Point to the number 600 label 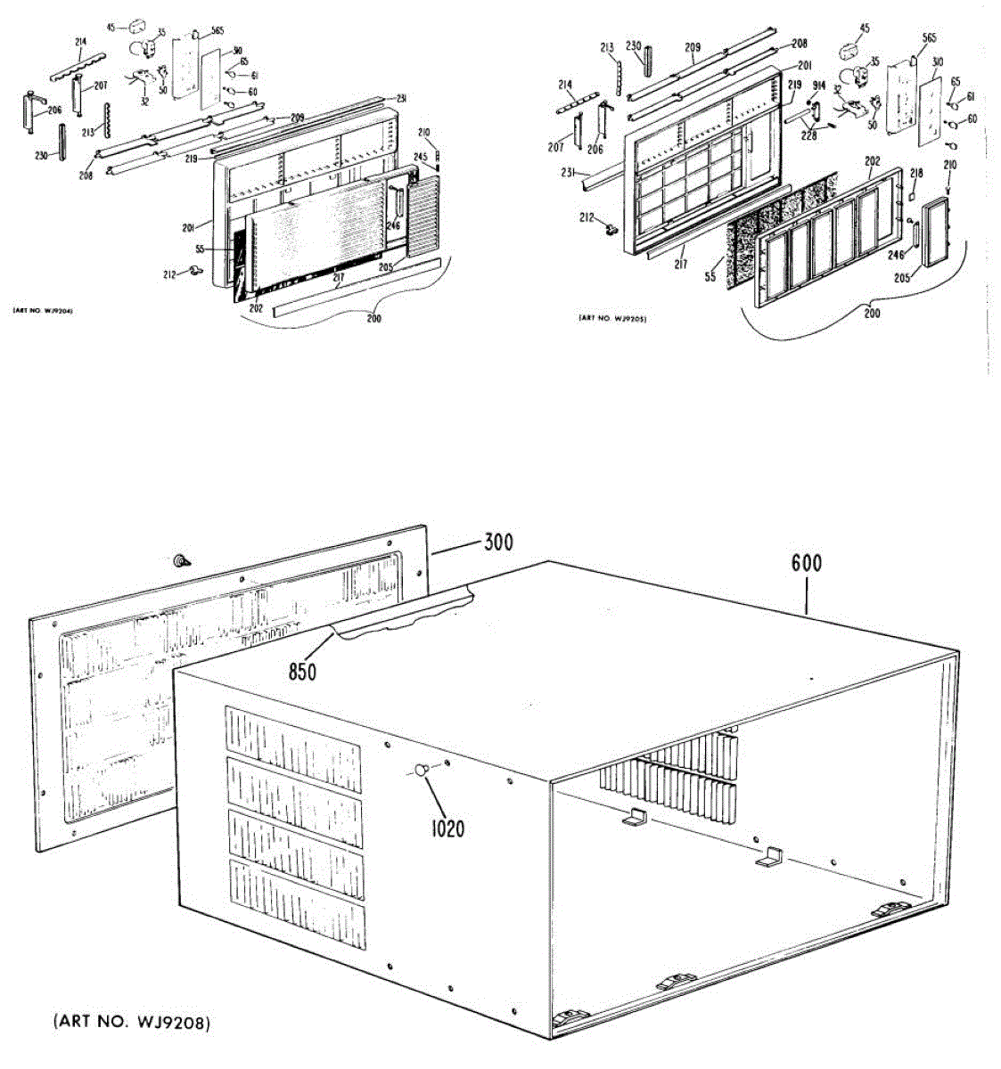[x=806, y=563]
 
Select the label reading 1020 [x=447, y=829]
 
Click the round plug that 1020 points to [x=422, y=771]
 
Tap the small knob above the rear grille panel [x=183, y=562]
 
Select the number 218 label [x=916, y=173]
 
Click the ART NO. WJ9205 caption [x=611, y=318]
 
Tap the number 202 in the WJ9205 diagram [x=873, y=161]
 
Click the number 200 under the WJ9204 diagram [x=373, y=318]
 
